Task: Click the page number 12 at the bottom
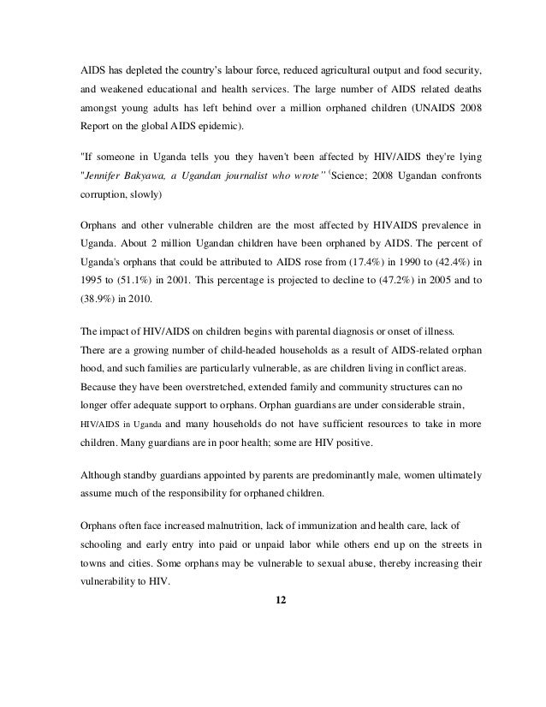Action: [x=273, y=597]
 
